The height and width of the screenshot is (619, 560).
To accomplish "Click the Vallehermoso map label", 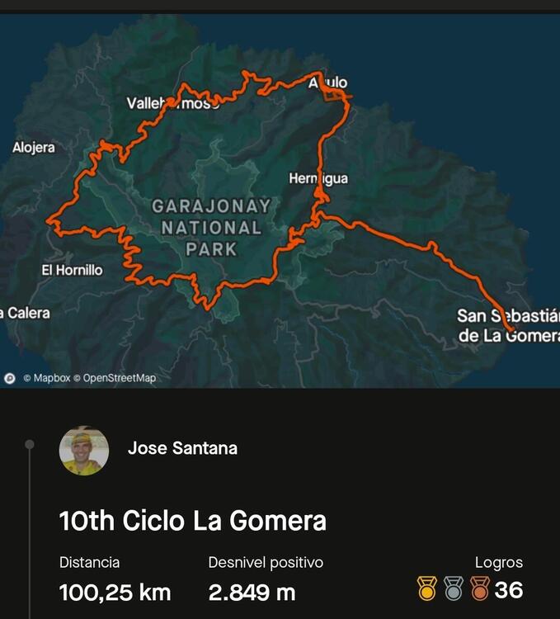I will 172,103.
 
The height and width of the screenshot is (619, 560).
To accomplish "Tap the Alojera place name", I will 34,148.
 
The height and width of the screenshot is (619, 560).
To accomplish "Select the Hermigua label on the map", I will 318,178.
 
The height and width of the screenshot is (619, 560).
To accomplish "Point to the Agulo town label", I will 328,83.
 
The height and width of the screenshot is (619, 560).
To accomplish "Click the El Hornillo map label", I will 73,270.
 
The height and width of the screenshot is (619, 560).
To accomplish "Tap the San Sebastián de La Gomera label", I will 507,325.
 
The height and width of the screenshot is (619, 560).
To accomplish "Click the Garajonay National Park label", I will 211,227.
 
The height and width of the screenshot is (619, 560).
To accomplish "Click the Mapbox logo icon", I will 10,378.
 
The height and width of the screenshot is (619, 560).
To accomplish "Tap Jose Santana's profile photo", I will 84,451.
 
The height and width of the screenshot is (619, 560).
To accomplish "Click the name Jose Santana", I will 182,448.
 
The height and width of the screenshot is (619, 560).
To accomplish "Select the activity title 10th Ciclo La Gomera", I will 193,521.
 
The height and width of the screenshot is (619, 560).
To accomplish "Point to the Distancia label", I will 89,563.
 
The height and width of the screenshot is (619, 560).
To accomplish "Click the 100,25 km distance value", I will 115,592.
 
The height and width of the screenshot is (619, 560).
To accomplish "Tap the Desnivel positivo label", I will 266,563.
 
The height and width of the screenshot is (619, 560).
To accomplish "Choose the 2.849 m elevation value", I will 252,592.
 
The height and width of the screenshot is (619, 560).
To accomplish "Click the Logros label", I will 499,563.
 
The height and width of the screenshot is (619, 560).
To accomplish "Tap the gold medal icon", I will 426,588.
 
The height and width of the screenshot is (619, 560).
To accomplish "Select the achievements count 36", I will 509,589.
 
